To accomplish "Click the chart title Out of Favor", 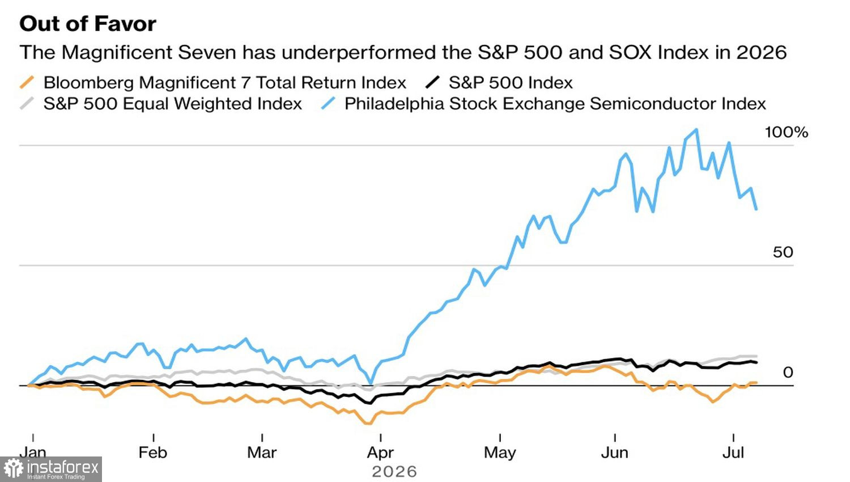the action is pyautogui.click(x=88, y=24).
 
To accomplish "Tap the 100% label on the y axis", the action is pyautogui.click(x=787, y=132).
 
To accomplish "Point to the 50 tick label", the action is pyautogui.click(x=783, y=252).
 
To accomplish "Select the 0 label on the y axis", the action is pyautogui.click(x=788, y=372).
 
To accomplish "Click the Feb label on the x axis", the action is pyautogui.click(x=153, y=453).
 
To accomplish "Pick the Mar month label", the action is pyautogui.click(x=262, y=453).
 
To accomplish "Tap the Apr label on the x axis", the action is pyautogui.click(x=380, y=453).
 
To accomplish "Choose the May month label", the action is pyautogui.click(x=500, y=453).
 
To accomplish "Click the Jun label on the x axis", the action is pyautogui.click(x=615, y=453).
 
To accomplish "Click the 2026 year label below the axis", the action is pyautogui.click(x=394, y=472).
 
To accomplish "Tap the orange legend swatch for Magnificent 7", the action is pyautogui.click(x=27, y=82).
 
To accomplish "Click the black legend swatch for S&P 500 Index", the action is pyautogui.click(x=432, y=82).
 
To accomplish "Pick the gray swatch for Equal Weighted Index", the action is pyautogui.click(x=27, y=104).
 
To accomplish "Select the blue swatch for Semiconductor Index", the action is pyautogui.click(x=328, y=104).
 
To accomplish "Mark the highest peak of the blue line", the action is pyautogui.click(x=696, y=130).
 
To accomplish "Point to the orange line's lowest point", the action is pyautogui.click(x=367, y=423).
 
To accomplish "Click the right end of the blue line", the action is pyautogui.click(x=756, y=209).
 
